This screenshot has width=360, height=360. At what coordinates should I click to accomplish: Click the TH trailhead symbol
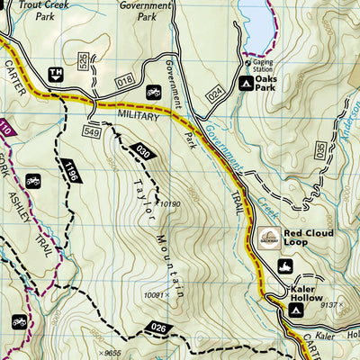click(x=56, y=75)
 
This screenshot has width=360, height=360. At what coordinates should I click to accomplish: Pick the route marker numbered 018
click(x=125, y=81)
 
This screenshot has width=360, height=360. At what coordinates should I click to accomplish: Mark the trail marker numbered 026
click(x=158, y=327)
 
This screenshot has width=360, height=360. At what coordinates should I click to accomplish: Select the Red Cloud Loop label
click(x=309, y=237)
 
